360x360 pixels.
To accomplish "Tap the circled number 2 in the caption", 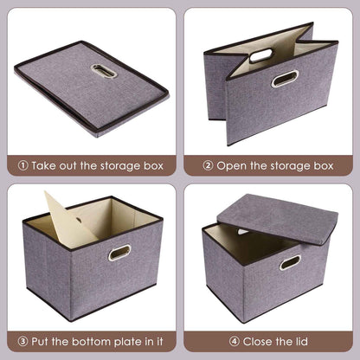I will click(x=208, y=164).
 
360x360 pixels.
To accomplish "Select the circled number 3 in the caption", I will click(x=23, y=341).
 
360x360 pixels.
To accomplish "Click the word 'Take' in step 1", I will click(x=44, y=164).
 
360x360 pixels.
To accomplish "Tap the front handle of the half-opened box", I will click(x=285, y=79).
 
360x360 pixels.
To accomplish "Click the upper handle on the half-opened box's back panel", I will click(x=260, y=55).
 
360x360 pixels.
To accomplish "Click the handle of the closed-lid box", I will click(x=290, y=261).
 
